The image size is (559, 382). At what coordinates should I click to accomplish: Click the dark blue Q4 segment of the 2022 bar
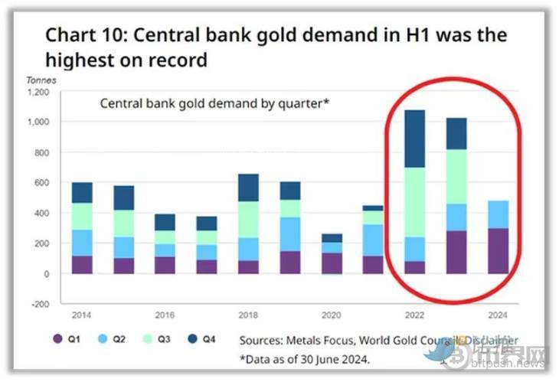(x=414, y=139)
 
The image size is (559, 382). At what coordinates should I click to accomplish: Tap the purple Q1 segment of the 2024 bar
(x=499, y=250)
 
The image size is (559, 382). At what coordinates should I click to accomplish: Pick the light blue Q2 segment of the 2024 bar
(x=499, y=214)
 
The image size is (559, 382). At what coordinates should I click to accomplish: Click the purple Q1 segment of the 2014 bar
(x=82, y=264)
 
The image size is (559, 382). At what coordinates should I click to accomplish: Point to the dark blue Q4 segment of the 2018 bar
(x=248, y=188)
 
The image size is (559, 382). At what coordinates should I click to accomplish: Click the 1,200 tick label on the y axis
(x=38, y=92)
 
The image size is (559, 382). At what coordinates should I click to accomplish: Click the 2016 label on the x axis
(x=165, y=315)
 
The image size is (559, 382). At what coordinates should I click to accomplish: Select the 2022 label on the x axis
(x=414, y=315)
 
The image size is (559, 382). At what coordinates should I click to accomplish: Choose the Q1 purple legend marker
(x=57, y=339)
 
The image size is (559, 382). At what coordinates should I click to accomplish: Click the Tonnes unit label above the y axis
(x=41, y=80)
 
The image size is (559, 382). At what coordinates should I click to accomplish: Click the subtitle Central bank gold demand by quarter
(x=214, y=103)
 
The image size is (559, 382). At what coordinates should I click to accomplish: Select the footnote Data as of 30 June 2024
(x=306, y=358)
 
